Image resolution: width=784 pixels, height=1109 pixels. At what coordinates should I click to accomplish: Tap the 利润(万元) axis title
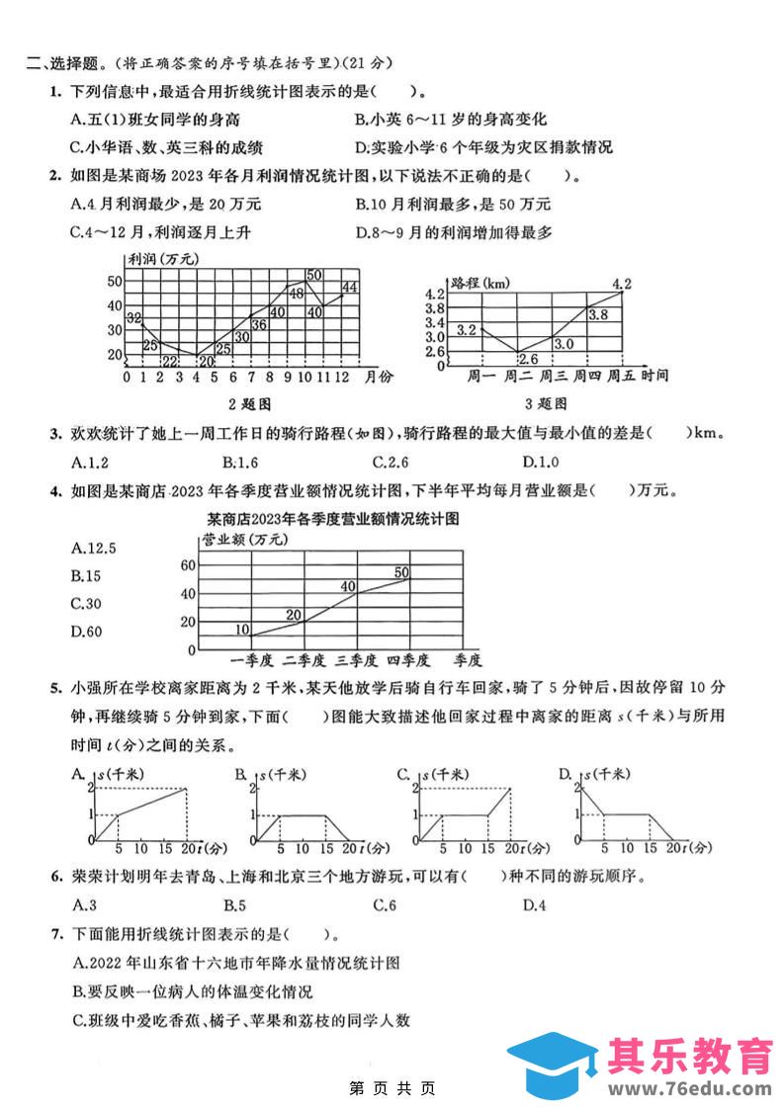coord(162,259)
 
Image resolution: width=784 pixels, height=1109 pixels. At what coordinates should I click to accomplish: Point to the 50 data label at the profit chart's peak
coord(314,275)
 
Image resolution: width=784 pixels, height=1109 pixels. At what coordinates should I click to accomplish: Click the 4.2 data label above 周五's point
coord(622,285)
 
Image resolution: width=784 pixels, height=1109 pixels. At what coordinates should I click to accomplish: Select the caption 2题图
coord(248,403)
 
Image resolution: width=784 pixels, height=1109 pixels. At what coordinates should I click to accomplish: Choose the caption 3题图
coord(545,403)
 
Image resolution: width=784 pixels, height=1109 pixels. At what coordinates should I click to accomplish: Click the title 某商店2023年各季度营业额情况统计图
coord(333,517)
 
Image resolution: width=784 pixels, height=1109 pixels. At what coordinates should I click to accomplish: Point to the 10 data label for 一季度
coord(243,630)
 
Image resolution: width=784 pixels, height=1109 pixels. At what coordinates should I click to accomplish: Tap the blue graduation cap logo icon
coord(553,1065)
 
